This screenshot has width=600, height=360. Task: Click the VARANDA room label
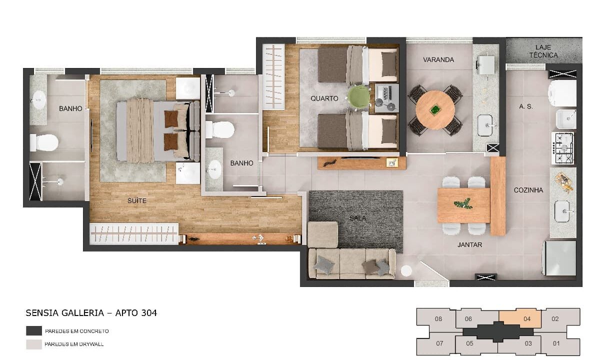438,59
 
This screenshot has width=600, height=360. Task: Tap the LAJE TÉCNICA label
543,51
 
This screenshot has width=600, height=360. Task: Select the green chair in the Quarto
358,97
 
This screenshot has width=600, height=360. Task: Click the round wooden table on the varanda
435,110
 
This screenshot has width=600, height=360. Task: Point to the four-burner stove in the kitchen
562,148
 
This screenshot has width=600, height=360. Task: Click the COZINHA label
528,190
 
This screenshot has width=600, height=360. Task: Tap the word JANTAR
470,244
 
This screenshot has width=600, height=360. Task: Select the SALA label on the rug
358,218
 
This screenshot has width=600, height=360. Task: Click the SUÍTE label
137,200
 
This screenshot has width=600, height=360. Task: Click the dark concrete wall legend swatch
34,331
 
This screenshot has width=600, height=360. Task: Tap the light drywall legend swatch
34,344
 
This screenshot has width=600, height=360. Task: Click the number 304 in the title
147,313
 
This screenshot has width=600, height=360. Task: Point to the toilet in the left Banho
44,142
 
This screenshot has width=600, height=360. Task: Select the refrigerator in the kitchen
559,258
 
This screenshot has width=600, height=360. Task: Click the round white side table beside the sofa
406,270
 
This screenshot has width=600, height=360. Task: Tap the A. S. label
526,106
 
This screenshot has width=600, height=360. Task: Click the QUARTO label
324,98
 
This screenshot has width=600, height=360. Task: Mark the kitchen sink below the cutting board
562,211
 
